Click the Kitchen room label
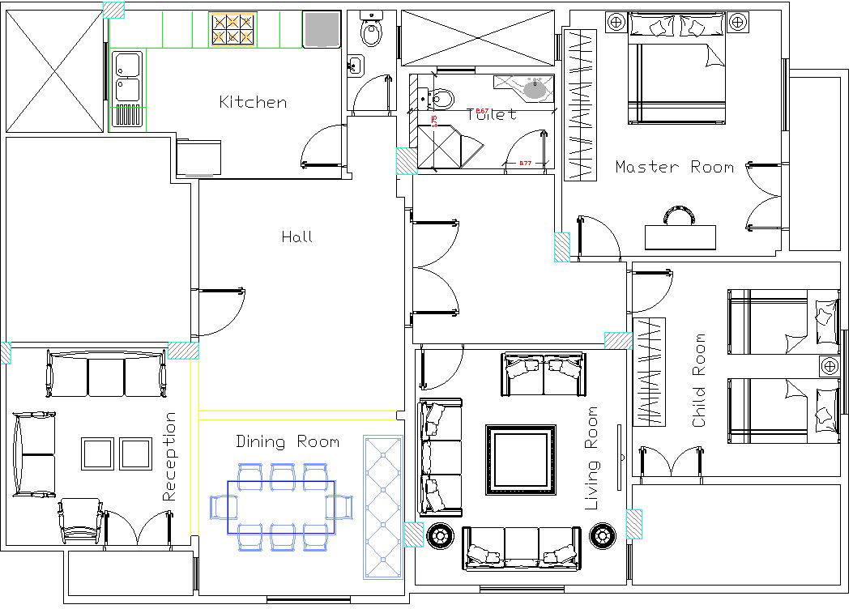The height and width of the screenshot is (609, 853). (253, 102)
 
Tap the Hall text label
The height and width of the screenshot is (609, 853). (296, 236)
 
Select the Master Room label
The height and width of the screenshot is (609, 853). (674, 167)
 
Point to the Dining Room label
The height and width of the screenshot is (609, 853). (288, 442)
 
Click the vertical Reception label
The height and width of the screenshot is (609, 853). (169, 457)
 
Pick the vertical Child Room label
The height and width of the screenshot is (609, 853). (699, 381)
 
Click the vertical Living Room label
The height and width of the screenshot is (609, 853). (593, 458)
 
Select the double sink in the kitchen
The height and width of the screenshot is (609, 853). (128, 78)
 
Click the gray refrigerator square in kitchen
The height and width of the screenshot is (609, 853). (321, 30)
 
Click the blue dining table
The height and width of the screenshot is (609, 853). (280, 507)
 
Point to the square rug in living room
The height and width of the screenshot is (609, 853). (521, 460)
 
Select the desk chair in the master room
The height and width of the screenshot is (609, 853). (680, 215)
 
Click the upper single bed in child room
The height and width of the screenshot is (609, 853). (783, 322)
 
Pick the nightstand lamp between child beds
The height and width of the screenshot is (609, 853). (829, 365)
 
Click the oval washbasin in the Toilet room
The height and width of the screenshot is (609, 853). (534, 89)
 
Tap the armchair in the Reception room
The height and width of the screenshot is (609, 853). (81, 520)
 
